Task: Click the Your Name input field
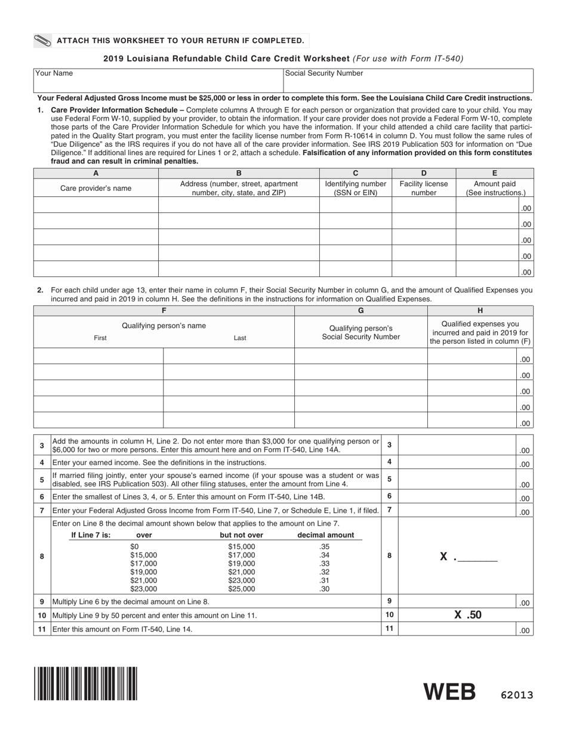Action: click(x=158, y=81)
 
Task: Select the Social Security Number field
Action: click(x=408, y=81)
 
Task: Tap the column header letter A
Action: click(x=95, y=173)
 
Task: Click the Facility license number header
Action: click(x=423, y=188)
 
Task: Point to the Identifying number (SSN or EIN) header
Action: click(x=355, y=188)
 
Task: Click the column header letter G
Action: click(x=360, y=310)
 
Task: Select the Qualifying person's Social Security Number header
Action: click(x=360, y=332)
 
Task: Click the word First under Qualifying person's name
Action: click(x=100, y=338)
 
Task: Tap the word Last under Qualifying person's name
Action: click(x=240, y=338)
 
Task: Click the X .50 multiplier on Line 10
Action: click(x=467, y=615)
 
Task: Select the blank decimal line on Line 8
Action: click(x=477, y=557)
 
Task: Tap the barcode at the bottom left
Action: click(x=86, y=683)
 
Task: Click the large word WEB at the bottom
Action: click(x=449, y=692)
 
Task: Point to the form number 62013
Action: click(x=513, y=695)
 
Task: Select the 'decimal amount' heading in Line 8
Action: click(x=325, y=535)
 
